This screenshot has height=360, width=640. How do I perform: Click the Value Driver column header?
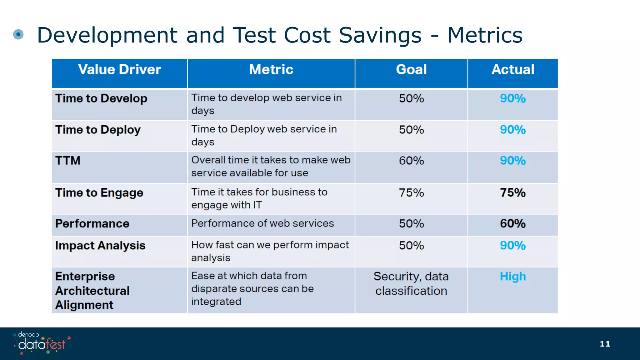pos(119,69)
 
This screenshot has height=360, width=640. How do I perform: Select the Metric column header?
pos(271,69)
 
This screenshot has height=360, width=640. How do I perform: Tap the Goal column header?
pos(411,69)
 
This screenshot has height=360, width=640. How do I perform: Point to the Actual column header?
pos(513,69)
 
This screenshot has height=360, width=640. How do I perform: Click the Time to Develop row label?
pos(101,98)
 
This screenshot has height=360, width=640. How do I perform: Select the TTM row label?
pos(68,161)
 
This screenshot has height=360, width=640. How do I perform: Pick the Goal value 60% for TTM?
pos(411,161)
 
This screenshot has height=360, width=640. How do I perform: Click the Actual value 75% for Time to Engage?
pos(513,192)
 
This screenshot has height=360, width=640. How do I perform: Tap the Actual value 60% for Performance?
pos(513,223)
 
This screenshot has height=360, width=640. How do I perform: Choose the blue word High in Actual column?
pos(513,277)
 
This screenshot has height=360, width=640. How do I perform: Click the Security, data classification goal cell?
pos(411,283)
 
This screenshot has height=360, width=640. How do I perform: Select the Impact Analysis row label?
pos(100,246)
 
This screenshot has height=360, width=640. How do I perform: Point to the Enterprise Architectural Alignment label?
pos(92,291)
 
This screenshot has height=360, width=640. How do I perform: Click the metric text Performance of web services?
pos(262,223)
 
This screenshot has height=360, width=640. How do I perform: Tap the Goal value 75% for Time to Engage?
pos(411,192)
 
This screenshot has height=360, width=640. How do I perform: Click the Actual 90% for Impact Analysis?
pos(513,246)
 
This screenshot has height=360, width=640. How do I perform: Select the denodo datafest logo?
pos(42,343)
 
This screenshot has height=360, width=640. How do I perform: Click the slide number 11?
pos(605,344)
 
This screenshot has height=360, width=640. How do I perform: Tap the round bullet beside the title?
pos(18,34)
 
